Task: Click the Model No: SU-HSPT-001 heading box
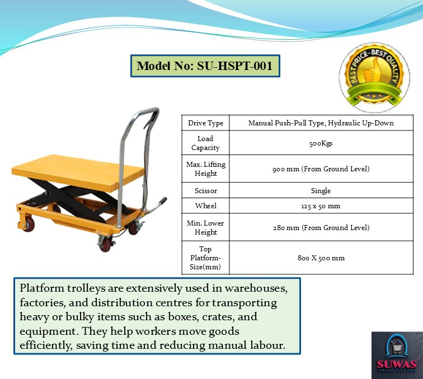[x=205, y=66]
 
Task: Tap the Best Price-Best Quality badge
[x=374, y=77]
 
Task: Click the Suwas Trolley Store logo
[x=397, y=355]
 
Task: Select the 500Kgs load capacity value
[x=321, y=143]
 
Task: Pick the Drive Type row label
[x=205, y=123]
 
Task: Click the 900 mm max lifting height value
[x=321, y=169]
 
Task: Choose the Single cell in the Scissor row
[x=321, y=190]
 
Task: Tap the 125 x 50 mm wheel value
[x=321, y=206]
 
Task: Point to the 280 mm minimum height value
[x=321, y=227]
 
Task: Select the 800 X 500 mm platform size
[x=321, y=258]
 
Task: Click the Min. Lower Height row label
[x=205, y=227]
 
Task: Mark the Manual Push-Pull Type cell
[x=321, y=123]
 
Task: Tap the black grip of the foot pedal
[x=163, y=201]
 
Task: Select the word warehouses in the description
[x=256, y=288]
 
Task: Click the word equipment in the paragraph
[x=49, y=331]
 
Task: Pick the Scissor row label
[x=205, y=190]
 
